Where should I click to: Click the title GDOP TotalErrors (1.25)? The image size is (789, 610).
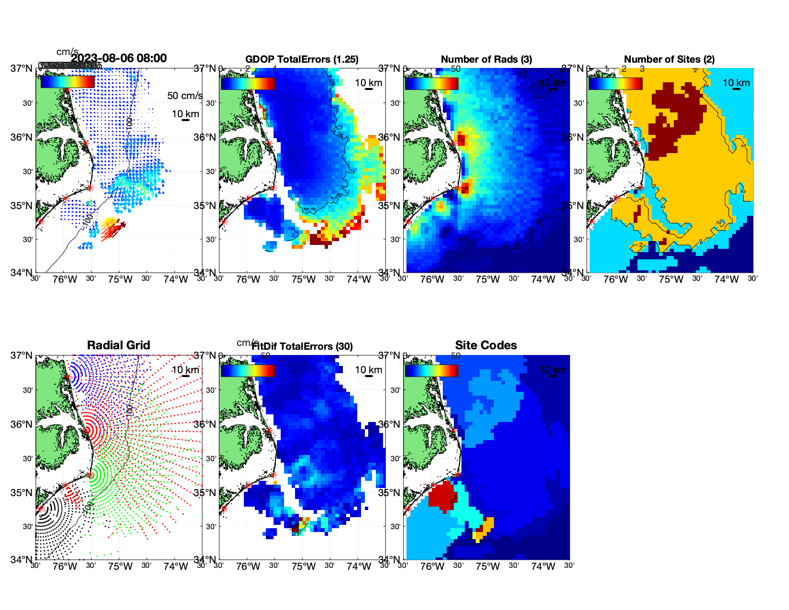click(x=302, y=59)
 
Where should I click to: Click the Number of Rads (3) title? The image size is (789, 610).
click(x=486, y=59)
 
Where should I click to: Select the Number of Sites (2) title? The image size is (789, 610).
click(x=669, y=59)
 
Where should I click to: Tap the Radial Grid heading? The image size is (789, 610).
click(x=119, y=345)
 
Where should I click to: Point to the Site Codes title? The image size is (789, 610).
click(x=486, y=345)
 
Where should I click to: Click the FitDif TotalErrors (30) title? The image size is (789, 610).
click(x=302, y=346)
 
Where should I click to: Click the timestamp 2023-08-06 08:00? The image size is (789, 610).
click(x=119, y=58)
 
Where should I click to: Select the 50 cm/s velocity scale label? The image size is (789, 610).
click(x=185, y=96)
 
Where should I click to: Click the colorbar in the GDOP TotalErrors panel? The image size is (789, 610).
click(x=248, y=83)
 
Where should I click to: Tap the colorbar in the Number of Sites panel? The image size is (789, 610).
click(x=615, y=83)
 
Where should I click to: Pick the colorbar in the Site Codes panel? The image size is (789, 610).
click(x=431, y=370)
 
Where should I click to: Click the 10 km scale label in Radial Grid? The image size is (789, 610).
click(x=185, y=370)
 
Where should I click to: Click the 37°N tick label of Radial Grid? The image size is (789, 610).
click(x=22, y=355)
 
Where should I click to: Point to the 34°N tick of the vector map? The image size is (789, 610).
click(x=22, y=273)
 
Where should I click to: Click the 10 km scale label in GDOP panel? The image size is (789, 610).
click(x=368, y=83)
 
